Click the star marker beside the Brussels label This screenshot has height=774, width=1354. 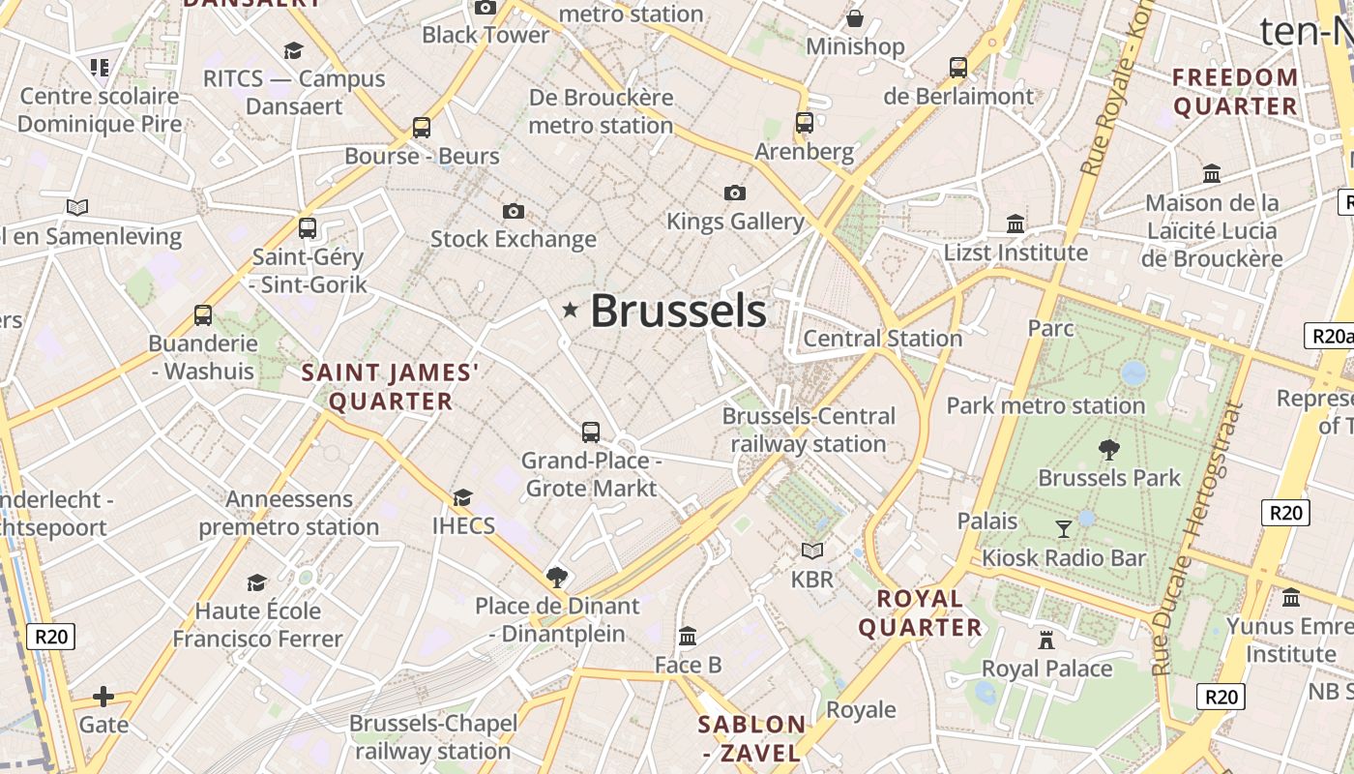pyautogui.click(x=571, y=310)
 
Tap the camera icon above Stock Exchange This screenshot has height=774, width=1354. pyautogui.click(x=513, y=211)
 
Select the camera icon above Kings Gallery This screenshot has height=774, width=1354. pyautogui.click(x=735, y=193)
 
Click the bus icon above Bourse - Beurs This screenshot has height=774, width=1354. pyautogui.click(x=421, y=127)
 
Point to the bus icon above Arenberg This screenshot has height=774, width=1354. pyautogui.click(x=804, y=123)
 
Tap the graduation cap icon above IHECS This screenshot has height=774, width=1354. pyautogui.click(x=463, y=497)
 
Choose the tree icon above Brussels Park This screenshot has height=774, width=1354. pyautogui.click(x=1109, y=449)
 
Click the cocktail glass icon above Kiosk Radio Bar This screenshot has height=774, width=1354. pyautogui.click(x=1064, y=528)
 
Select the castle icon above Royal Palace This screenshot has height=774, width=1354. pyautogui.click(x=1046, y=640)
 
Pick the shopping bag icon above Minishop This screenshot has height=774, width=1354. pyautogui.click(x=855, y=18)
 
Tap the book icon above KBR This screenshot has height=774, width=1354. pyautogui.click(x=811, y=551)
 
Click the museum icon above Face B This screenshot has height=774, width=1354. pyautogui.click(x=688, y=636)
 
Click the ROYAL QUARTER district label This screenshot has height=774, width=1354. pyautogui.click(x=920, y=613)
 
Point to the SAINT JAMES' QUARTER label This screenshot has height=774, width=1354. pyautogui.click(x=391, y=387)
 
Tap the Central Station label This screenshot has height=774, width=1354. pyautogui.click(x=882, y=339)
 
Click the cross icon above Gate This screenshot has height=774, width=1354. pyautogui.click(x=103, y=697)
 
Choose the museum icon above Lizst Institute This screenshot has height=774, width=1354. pyautogui.click(x=1015, y=223)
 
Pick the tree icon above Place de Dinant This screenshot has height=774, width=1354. pyautogui.click(x=556, y=578)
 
